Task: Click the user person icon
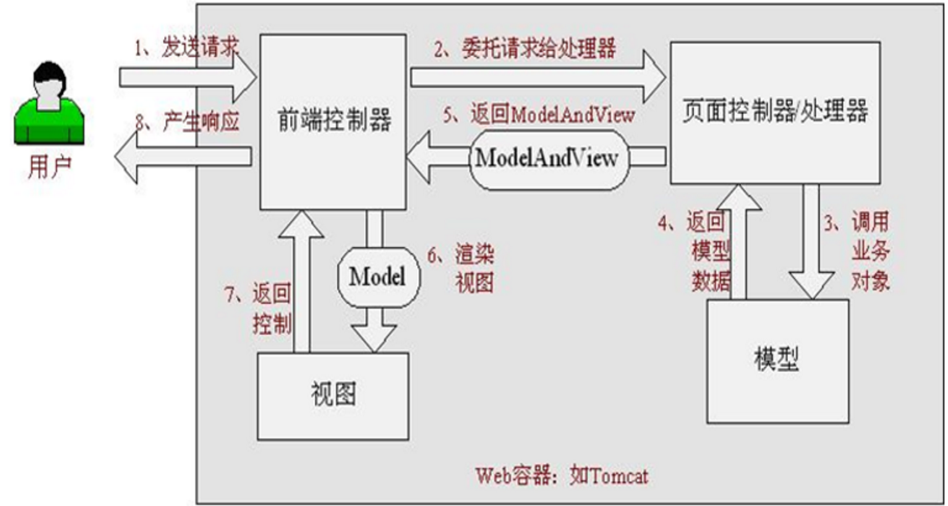[x=49, y=104]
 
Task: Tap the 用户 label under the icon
[x=50, y=168]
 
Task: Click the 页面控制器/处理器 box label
[x=774, y=111]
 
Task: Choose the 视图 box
[x=333, y=395]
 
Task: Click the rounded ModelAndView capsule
[x=547, y=157]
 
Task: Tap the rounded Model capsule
[x=376, y=277]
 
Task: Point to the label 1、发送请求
[x=186, y=48]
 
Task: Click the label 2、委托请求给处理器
[x=526, y=49]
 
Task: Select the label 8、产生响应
[x=186, y=122]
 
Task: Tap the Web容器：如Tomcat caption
[x=561, y=477]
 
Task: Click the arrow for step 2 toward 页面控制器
[x=536, y=77]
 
